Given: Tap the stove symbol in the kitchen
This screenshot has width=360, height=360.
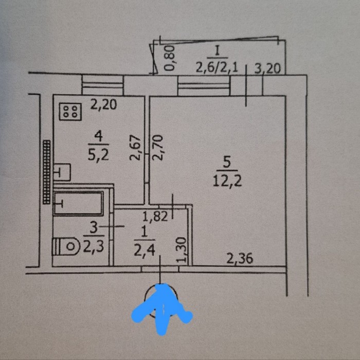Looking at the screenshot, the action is click(x=70, y=112).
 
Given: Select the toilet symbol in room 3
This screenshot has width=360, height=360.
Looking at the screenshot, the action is click(x=66, y=246).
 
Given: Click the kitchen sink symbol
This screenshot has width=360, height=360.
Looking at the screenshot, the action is click(x=62, y=172).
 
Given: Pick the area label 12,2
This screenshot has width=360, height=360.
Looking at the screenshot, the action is click(x=227, y=182).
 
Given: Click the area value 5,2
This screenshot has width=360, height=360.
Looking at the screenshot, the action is click(x=98, y=155).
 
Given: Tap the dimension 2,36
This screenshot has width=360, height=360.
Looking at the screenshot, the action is click(x=240, y=258).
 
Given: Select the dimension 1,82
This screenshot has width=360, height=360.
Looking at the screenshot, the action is click(x=155, y=216).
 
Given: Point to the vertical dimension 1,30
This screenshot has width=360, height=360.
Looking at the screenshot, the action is click(x=182, y=250).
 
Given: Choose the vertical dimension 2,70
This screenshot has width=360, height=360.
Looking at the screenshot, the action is click(x=158, y=147).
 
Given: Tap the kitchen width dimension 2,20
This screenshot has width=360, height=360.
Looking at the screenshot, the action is click(x=103, y=104).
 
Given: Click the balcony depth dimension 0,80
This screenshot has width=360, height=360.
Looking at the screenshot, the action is click(x=170, y=58).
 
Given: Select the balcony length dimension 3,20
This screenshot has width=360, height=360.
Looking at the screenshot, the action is click(x=268, y=68).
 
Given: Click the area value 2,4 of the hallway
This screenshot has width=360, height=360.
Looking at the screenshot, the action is click(x=145, y=251).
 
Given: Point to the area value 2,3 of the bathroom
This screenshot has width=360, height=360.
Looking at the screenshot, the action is click(x=94, y=247).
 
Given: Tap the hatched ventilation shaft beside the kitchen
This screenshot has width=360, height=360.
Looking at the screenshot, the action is click(x=47, y=172).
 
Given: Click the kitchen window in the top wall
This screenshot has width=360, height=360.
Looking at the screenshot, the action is click(x=103, y=85).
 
